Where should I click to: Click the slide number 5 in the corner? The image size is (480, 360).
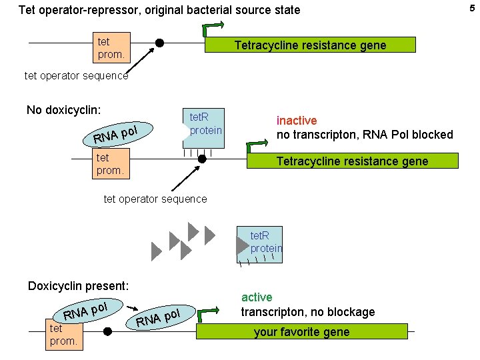pyautogui.click(x=473, y=8)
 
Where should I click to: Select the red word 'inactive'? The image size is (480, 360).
pyautogui.click(x=297, y=121)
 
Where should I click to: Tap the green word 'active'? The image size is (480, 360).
pyautogui.click(x=257, y=297)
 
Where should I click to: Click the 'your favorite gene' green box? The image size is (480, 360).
pyautogui.click(x=301, y=332)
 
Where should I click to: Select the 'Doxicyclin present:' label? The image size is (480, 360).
pyautogui.click(x=78, y=285)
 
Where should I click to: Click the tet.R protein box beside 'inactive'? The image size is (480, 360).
pyautogui.click(x=204, y=125)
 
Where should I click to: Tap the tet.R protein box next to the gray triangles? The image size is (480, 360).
pyautogui.click(x=265, y=243)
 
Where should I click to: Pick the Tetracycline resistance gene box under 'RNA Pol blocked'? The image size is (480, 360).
pyautogui.click(x=352, y=161)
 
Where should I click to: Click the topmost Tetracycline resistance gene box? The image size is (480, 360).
pyautogui.click(x=309, y=45)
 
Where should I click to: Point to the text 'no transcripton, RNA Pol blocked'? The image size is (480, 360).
pyautogui.click(x=365, y=135)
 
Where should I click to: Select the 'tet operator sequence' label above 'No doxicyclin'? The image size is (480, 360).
pyautogui.click(x=76, y=75)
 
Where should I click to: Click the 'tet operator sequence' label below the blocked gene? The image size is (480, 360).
pyautogui.click(x=155, y=199)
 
